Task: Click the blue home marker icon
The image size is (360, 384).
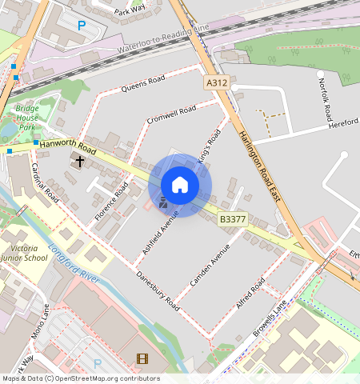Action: (180, 185)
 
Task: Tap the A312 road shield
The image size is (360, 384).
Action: (216, 83)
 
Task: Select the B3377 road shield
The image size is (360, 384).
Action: (232, 218)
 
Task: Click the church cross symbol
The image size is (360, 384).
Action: (79, 162)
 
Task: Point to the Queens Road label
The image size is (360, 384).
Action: (143, 84)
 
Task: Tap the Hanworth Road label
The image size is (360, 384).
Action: (68, 146)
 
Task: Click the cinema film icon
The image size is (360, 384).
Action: (142, 359)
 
